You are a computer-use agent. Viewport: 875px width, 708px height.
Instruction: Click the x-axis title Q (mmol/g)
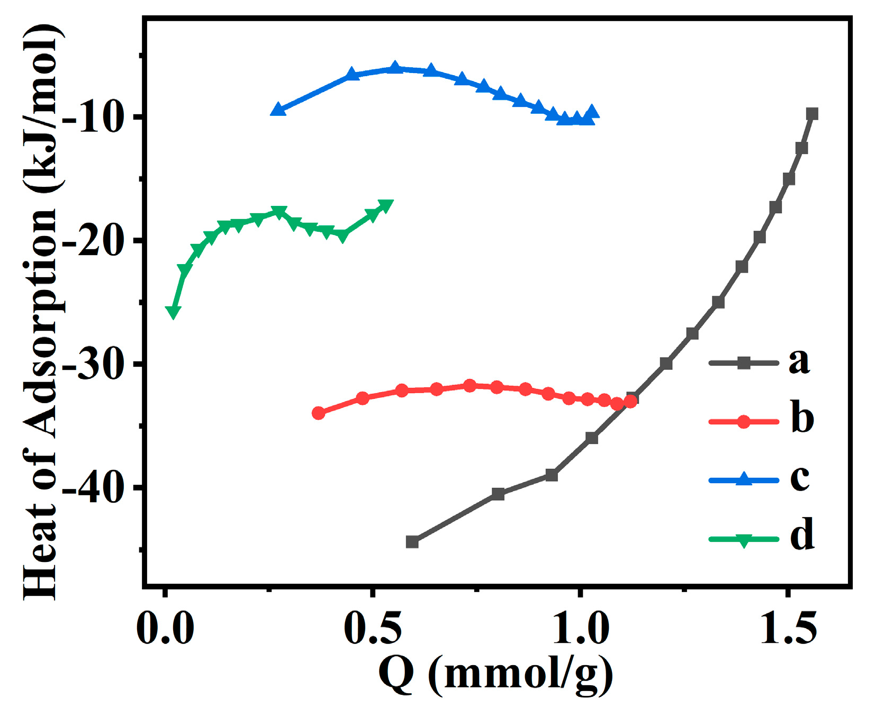495,675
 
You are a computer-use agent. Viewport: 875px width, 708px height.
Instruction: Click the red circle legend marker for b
744,422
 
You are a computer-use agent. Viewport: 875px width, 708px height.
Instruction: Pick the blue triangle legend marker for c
744,479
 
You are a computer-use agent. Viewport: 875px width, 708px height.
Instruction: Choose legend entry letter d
801,535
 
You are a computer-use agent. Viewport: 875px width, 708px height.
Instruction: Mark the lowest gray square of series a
412,542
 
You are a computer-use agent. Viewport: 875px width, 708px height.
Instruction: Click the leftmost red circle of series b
318,413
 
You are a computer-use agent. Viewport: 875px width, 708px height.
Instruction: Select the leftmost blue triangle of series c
278,110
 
